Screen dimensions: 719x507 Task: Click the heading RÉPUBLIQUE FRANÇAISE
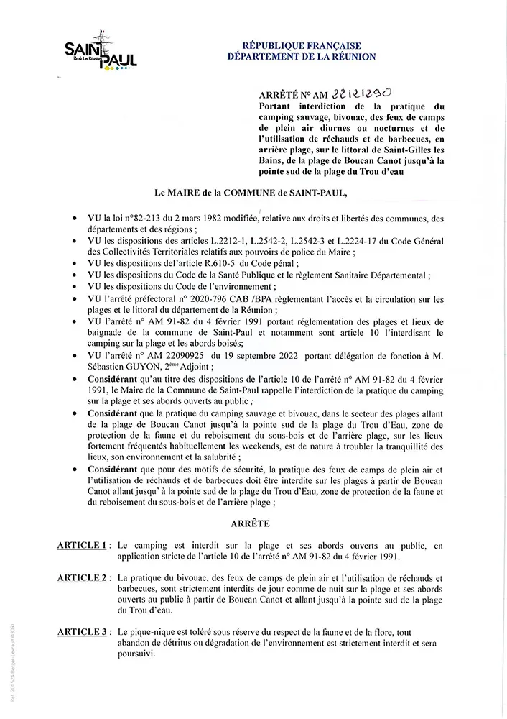[300, 45]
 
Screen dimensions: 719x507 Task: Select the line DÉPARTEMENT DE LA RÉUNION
[300, 56]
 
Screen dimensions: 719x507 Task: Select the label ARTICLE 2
[83, 578]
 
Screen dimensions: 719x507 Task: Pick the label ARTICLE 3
[83, 631]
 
